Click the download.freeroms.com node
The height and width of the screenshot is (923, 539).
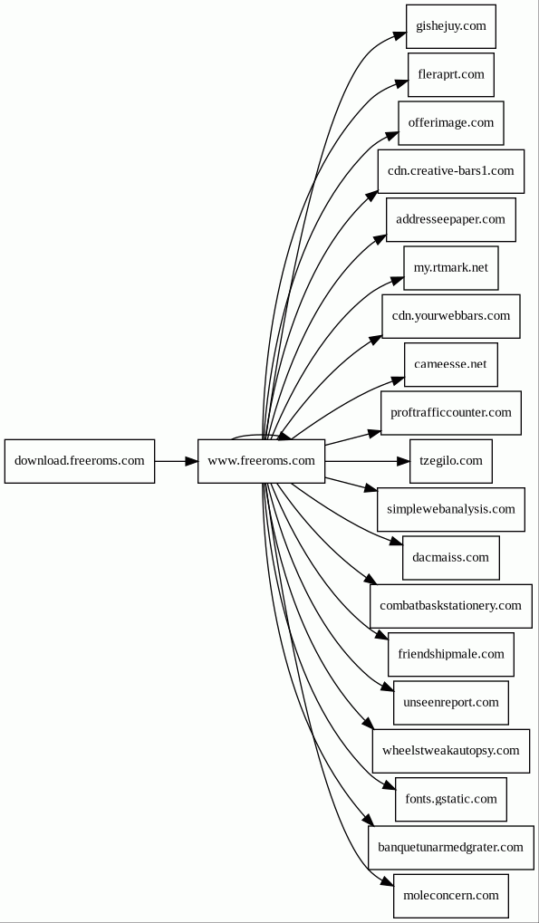pyautogui.click(x=80, y=461)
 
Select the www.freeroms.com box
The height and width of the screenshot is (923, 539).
pyautogui.click(x=261, y=461)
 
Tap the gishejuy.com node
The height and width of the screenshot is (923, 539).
pyautogui.click(x=451, y=26)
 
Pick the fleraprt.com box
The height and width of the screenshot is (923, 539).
pyautogui.click(x=451, y=75)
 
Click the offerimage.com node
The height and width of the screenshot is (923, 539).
pyautogui.click(x=451, y=123)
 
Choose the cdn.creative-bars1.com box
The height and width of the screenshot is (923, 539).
pyautogui.click(x=451, y=171)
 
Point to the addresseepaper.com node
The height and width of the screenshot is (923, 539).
pyautogui.click(x=451, y=219)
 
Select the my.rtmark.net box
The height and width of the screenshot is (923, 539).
pyautogui.click(x=451, y=268)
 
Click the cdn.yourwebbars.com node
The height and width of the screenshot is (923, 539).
pyautogui.click(x=451, y=316)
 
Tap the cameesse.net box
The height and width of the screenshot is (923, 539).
pyautogui.click(x=451, y=364)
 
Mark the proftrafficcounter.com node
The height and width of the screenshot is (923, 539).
pyautogui.click(x=451, y=413)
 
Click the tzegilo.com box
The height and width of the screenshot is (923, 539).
pyautogui.click(x=451, y=461)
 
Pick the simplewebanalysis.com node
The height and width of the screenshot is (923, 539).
pyautogui.click(x=451, y=509)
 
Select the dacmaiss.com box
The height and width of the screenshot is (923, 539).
pyautogui.click(x=451, y=557)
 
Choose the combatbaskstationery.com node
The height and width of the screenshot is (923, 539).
pyautogui.click(x=451, y=606)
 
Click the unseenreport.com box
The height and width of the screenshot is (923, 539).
pyautogui.click(x=451, y=702)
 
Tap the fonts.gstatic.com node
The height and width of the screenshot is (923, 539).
pyautogui.click(x=451, y=799)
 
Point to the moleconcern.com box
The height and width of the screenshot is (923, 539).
pyautogui.click(x=451, y=895)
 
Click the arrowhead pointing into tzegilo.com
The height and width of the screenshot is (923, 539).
pyautogui.click(x=402, y=461)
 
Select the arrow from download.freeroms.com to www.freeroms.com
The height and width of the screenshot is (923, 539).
pyautogui.click(x=177, y=461)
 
